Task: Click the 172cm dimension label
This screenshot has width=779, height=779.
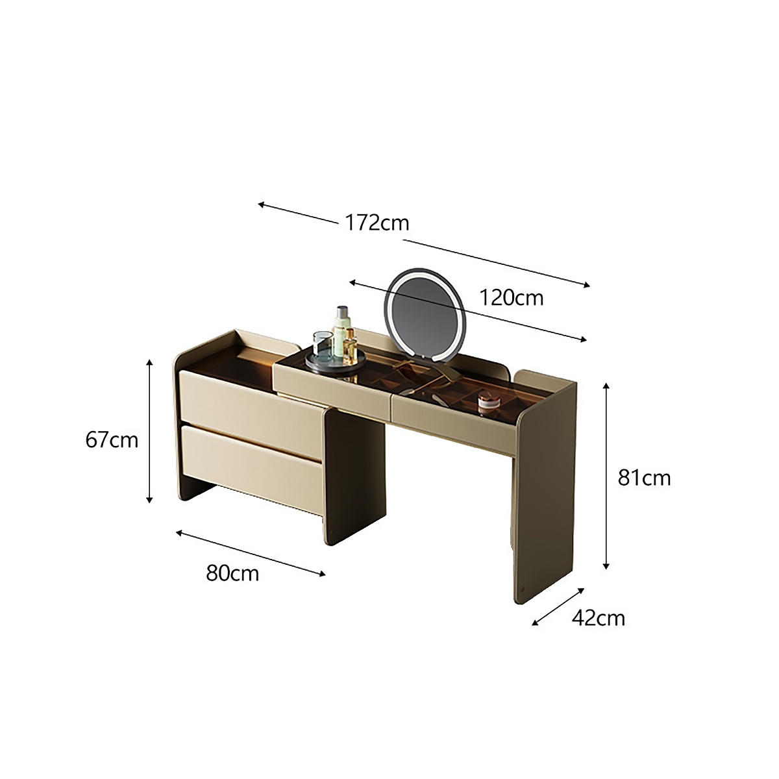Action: (x=377, y=223)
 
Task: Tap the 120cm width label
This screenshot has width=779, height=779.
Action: (x=511, y=297)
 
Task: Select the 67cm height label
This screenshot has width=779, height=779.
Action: (x=112, y=439)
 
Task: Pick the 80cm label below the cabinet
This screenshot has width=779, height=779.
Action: (x=232, y=573)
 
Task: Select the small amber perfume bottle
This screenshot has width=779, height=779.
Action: (x=351, y=345)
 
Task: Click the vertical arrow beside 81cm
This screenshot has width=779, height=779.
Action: (x=606, y=476)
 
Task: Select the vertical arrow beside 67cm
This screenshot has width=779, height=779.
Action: (x=150, y=431)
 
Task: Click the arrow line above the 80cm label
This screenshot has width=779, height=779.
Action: (x=251, y=552)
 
